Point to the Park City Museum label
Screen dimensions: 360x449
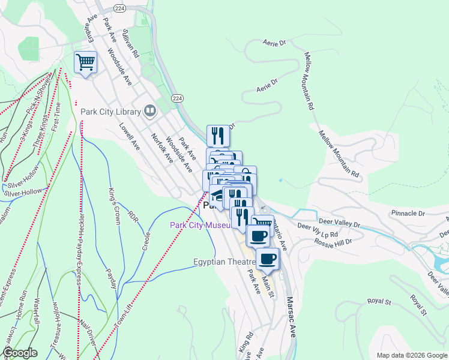[x=200, y=225]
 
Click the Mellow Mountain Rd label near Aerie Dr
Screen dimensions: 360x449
[x=309, y=80]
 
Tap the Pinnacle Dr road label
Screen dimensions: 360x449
[x=408, y=213]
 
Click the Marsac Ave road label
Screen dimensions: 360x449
[x=291, y=316]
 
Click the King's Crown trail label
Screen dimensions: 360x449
[x=113, y=205]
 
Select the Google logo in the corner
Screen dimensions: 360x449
[x=20, y=353]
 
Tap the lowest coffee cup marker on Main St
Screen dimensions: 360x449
[x=268, y=259]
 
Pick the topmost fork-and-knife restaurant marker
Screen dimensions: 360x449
[x=218, y=136]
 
